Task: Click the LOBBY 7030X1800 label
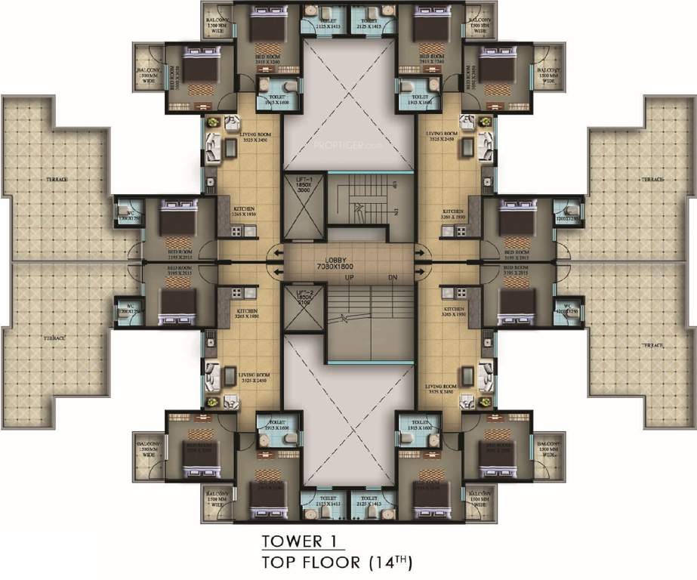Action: coord(348,263)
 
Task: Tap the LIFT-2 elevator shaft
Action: coord(300,310)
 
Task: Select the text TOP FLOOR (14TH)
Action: coord(336,563)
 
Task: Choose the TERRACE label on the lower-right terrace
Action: coord(652,344)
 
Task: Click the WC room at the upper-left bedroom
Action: coord(125,213)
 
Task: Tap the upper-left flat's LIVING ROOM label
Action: coord(231,135)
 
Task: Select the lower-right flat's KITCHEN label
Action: coord(452,312)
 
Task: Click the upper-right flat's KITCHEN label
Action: coord(452,214)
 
